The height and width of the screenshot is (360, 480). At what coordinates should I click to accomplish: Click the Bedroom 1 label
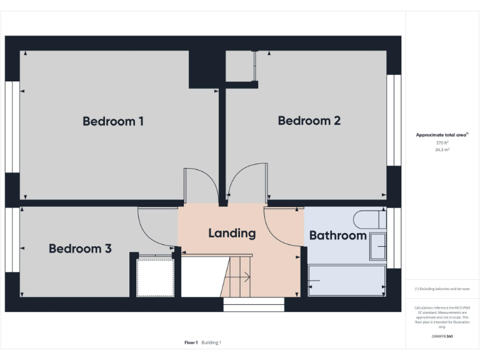pyautogui.click(x=113, y=121)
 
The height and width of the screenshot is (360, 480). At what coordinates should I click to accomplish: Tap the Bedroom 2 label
pyautogui.click(x=309, y=121)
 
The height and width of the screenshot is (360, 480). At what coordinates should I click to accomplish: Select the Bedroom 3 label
pyautogui.click(x=80, y=249)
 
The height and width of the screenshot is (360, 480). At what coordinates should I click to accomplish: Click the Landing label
pyautogui.click(x=232, y=233)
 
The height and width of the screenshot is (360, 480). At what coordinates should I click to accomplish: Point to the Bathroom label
pyautogui.click(x=337, y=236)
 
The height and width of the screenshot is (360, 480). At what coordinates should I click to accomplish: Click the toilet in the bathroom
pyautogui.click(x=369, y=219)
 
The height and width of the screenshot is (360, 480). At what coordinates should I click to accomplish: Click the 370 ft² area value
pyautogui.click(x=442, y=143)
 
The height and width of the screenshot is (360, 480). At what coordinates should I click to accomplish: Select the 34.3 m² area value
pyautogui.click(x=442, y=150)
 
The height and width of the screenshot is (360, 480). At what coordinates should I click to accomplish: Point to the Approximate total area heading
pyautogui.click(x=442, y=135)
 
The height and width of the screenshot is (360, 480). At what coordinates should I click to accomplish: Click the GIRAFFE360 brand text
pyautogui.click(x=442, y=336)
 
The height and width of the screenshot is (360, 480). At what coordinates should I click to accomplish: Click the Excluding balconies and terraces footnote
pyautogui.click(x=442, y=289)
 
